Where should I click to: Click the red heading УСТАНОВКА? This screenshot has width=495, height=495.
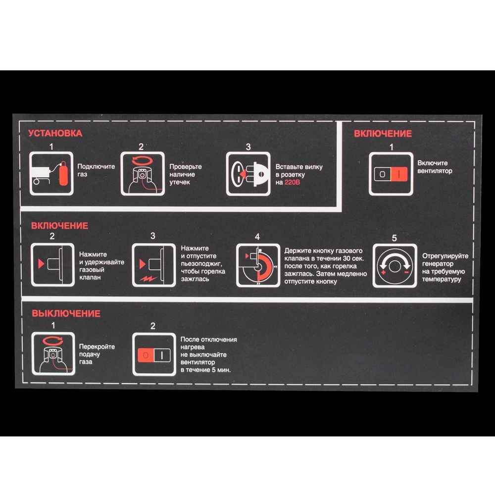(55, 133)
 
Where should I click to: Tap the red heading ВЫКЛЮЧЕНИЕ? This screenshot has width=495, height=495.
(66, 313)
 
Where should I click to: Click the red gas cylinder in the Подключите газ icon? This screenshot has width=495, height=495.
(63, 173)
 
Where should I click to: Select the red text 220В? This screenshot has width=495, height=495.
(292, 182)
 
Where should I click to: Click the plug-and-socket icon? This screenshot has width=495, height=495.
(248, 174)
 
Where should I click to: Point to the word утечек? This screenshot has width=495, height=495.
(180, 182)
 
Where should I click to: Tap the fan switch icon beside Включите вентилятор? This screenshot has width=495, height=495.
(391, 174)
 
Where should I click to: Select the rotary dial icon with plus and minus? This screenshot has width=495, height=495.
(395, 266)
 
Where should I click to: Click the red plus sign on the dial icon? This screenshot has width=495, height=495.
(383, 272)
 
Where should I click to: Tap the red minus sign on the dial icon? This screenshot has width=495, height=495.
(406, 272)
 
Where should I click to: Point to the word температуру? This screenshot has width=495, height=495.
(442, 279)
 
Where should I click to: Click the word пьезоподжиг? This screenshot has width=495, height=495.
(201, 264)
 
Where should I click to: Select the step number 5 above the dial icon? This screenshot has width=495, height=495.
(395, 238)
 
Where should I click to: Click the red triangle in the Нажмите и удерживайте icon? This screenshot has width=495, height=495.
(41, 264)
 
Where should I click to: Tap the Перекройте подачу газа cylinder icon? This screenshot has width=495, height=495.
(53, 353)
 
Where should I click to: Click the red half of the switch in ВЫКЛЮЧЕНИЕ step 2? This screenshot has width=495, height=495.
(146, 355)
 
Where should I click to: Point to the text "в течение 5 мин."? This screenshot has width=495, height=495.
(205, 370)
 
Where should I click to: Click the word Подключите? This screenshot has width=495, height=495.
(97, 167)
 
